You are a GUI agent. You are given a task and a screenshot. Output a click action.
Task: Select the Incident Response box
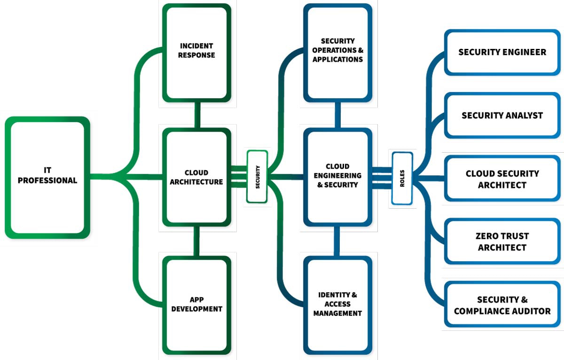pos(196,52)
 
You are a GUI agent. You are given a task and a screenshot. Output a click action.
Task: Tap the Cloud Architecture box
pos(196,177)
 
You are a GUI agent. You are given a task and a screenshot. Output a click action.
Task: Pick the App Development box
pos(196,305)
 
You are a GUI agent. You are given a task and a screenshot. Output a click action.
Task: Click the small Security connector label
pos(257,177)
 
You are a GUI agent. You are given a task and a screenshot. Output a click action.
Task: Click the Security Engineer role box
pos(502,52)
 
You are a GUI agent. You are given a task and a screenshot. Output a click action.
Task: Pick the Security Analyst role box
pos(502,115)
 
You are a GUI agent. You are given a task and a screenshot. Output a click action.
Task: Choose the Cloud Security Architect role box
pos(502,179)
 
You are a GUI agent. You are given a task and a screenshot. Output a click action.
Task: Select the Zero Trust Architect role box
pos(502,242)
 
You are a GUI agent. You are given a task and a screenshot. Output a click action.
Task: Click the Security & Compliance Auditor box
pos(502,305)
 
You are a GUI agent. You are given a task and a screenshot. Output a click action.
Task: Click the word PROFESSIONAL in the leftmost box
pos(47,181)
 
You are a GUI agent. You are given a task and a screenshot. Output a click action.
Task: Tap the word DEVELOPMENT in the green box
pos(196,309)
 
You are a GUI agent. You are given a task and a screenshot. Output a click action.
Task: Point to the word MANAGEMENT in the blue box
pos(337,313)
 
